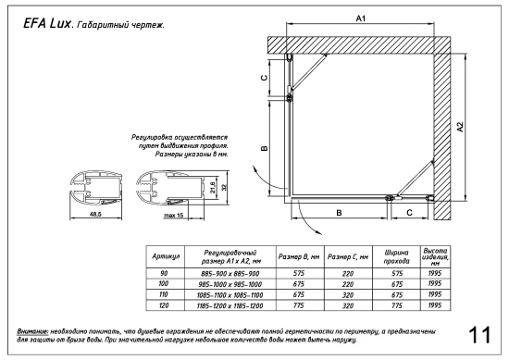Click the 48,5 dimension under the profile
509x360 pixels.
pyautogui.click(x=82, y=213)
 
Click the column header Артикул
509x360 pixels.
pyautogui.click(x=170, y=254)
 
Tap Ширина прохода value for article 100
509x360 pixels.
pyautogui.click(x=390, y=283)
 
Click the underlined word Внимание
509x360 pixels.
pyautogui.click(x=32, y=329)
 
